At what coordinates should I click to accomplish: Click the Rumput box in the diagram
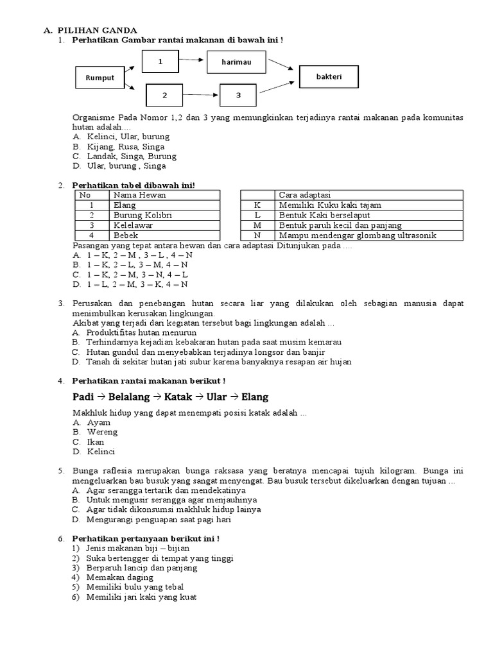(99, 78)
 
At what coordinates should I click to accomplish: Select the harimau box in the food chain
(231, 62)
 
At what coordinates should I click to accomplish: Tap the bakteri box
(329, 76)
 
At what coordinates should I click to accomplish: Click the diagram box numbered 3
(238, 96)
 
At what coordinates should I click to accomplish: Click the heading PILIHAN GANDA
(96, 30)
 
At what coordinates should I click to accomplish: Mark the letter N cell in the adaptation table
(257, 235)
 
